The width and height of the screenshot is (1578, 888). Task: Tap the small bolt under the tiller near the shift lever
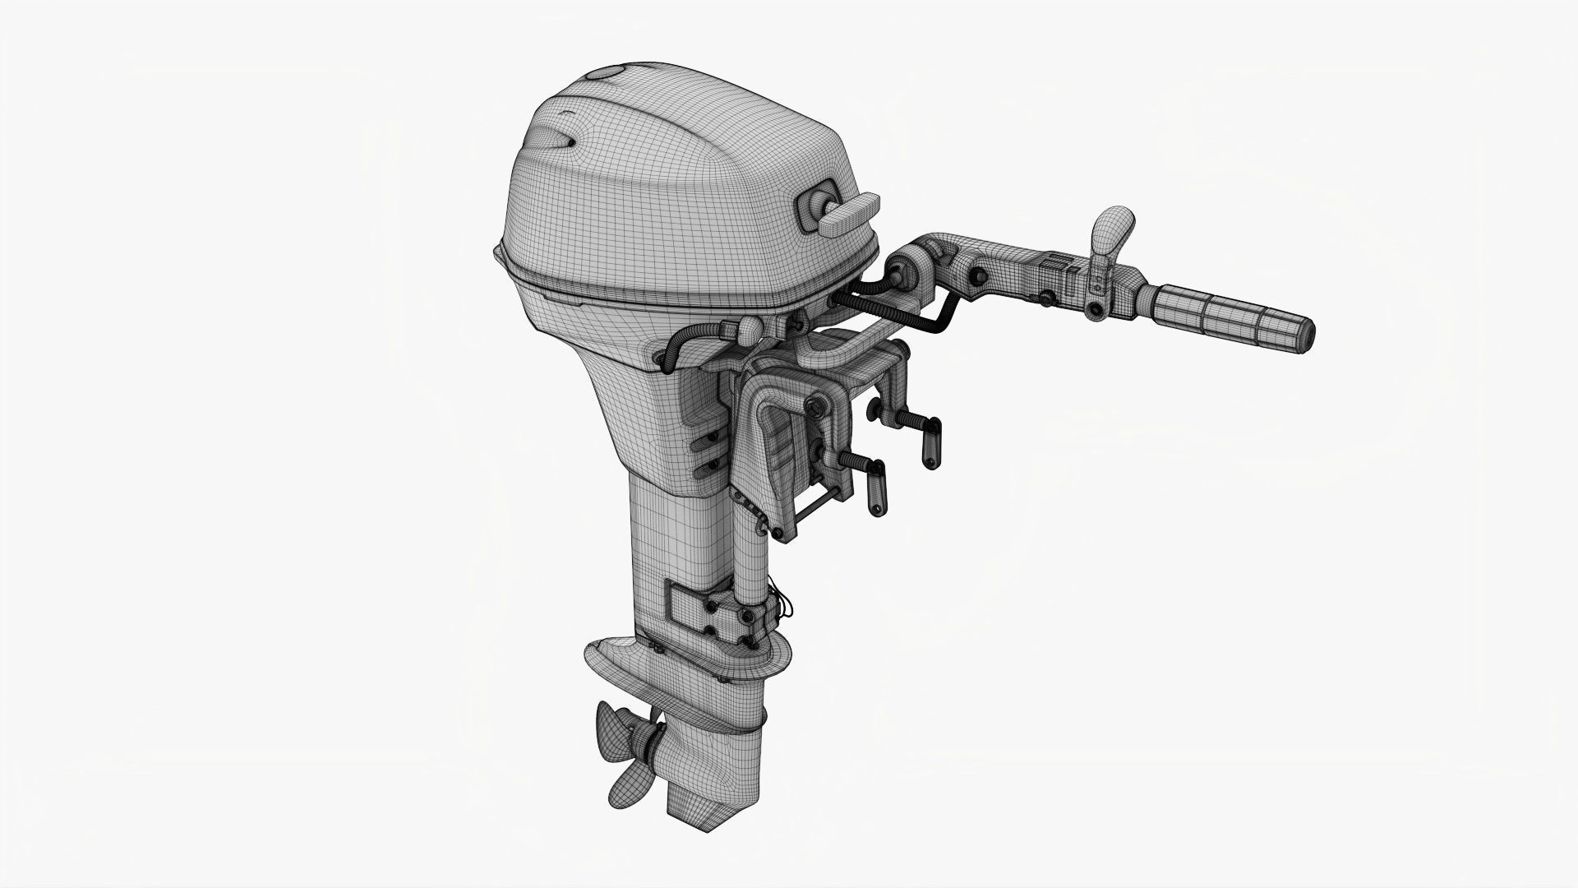tap(1096, 311)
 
